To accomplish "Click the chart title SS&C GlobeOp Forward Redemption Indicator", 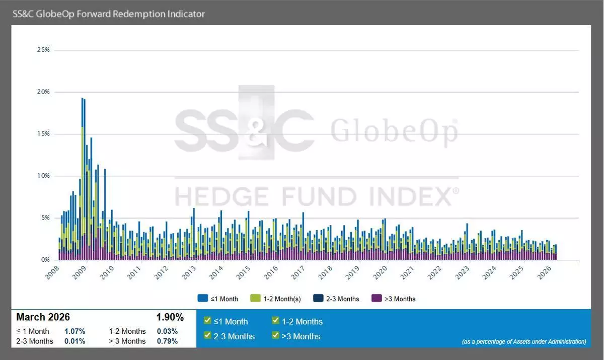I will [x=109, y=14].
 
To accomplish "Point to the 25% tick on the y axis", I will [x=43, y=50].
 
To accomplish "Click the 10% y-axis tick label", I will [x=43, y=176].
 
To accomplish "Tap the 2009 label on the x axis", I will [x=80, y=272].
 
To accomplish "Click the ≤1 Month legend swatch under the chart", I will [x=203, y=299].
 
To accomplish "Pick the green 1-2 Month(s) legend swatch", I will [x=255, y=299].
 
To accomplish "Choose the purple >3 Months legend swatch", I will [x=376, y=299].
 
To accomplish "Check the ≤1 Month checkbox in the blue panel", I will [x=207, y=321].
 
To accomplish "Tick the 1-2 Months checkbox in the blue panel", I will [x=275, y=321].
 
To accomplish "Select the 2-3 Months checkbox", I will [x=207, y=335].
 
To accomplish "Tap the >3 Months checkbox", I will [x=275, y=335].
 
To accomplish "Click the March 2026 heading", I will [x=43, y=317].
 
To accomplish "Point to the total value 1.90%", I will [x=170, y=317].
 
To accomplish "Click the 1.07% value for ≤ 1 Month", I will [x=74, y=331].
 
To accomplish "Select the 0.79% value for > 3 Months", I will [x=167, y=341].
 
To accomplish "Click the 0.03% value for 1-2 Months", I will [x=167, y=331].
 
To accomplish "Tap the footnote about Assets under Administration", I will [x=523, y=341].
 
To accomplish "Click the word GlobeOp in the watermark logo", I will [x=394, y=131].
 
